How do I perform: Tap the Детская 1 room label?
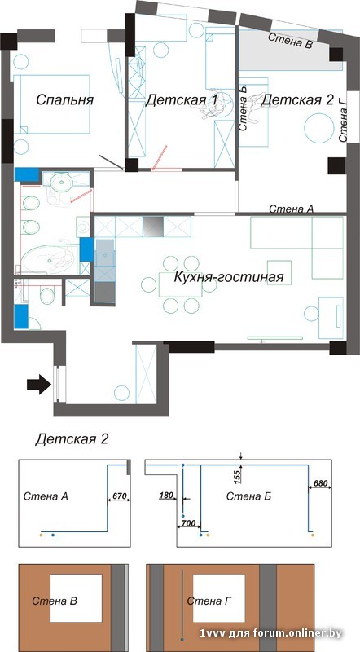[x=182, y=100]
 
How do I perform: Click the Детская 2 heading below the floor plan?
[x=72, y=439]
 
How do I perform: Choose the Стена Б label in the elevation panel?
[x=243, y=495]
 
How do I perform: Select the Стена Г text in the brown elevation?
[x=209, y=601]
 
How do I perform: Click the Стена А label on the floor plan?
[x=291, y=209]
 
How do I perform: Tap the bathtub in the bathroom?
[x=50, y=259]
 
